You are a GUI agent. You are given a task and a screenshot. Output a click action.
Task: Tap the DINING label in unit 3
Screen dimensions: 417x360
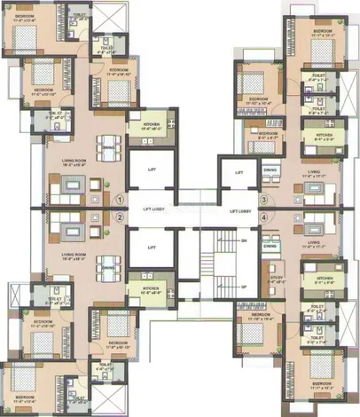click(271, 170)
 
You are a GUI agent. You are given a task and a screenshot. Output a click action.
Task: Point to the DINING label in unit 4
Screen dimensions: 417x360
click(271, 246)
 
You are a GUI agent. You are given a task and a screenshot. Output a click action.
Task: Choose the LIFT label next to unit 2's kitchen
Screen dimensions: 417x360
click(152, 248)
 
